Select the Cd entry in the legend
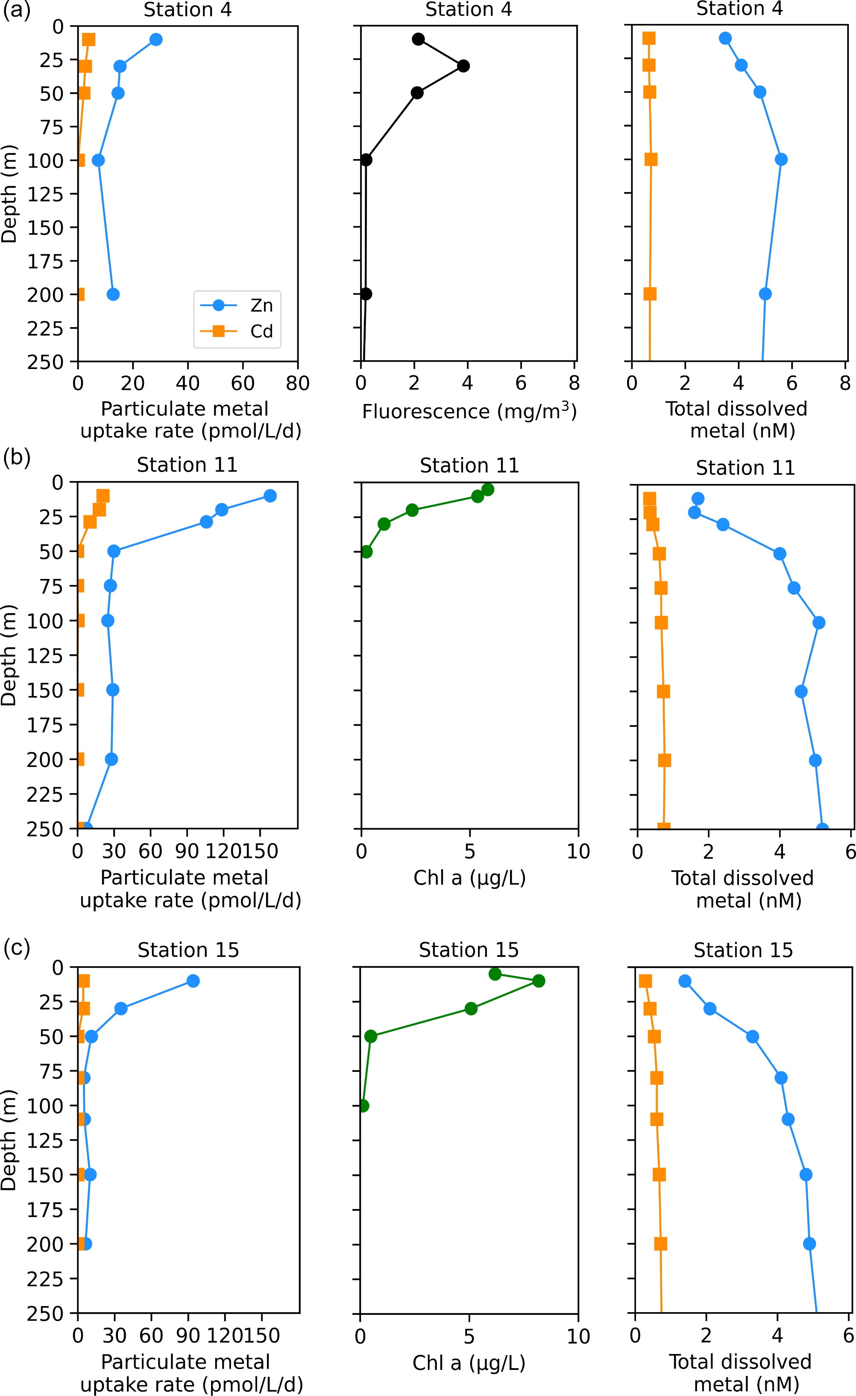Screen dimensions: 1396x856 261,331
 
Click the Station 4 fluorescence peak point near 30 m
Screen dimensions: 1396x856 463,66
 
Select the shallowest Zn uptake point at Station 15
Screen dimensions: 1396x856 193,981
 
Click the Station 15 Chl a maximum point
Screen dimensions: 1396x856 539,981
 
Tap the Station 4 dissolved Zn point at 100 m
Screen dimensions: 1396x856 781,159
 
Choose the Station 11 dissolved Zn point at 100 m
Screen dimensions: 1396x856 819,623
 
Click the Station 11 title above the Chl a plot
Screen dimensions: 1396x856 469,465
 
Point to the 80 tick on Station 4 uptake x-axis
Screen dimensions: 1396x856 298,384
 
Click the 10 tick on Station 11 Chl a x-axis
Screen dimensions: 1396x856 578,851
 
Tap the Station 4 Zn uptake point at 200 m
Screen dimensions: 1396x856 113,294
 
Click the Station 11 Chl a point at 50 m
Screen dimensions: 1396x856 366,551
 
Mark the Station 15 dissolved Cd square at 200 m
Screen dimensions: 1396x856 660,1244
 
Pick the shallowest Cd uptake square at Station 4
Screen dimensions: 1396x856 88,39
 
